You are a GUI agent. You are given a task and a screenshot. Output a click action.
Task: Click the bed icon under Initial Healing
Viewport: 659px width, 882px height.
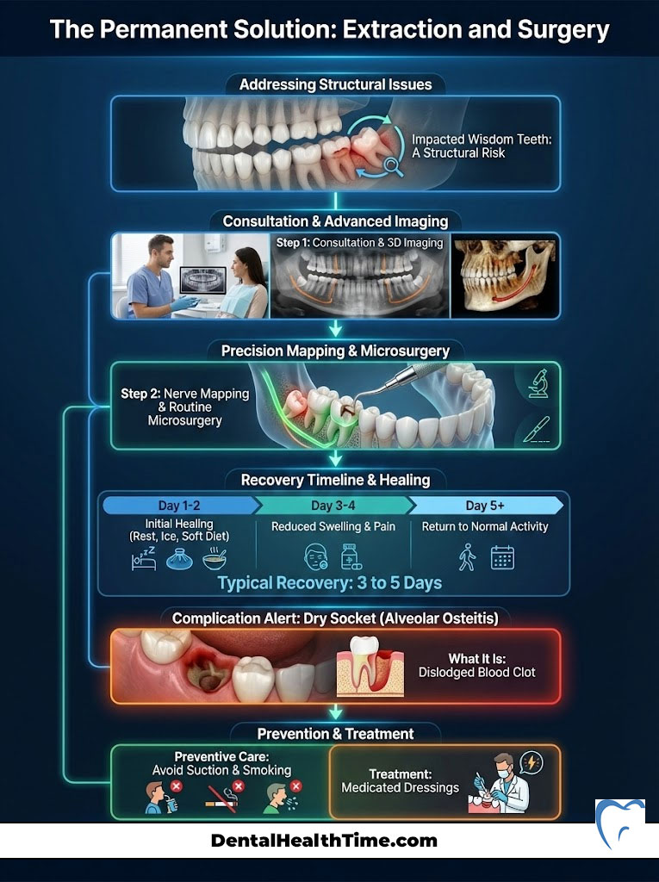click(x=142, y=557)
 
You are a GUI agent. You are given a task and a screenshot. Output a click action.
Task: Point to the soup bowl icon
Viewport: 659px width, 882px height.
click(x=215, y=559)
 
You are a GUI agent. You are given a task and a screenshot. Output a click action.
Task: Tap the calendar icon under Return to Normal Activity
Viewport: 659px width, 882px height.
click(x=502, y=557)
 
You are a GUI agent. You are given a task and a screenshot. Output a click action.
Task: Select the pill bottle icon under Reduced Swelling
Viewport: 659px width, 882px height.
click(x=350, y=556)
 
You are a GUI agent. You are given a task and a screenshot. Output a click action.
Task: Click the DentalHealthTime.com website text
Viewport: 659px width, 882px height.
click(x=324, y=841)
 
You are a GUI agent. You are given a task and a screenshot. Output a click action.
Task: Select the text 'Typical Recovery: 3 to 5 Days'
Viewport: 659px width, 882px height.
click(x=330, y=583)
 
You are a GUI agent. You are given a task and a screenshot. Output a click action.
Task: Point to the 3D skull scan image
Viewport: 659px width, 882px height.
click(x=505, y=276)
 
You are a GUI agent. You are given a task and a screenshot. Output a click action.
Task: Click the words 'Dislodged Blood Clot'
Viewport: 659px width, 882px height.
click(x=477, y=672)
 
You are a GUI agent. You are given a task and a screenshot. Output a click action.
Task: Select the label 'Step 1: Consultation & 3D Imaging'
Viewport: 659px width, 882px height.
click(x=360, y=243)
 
